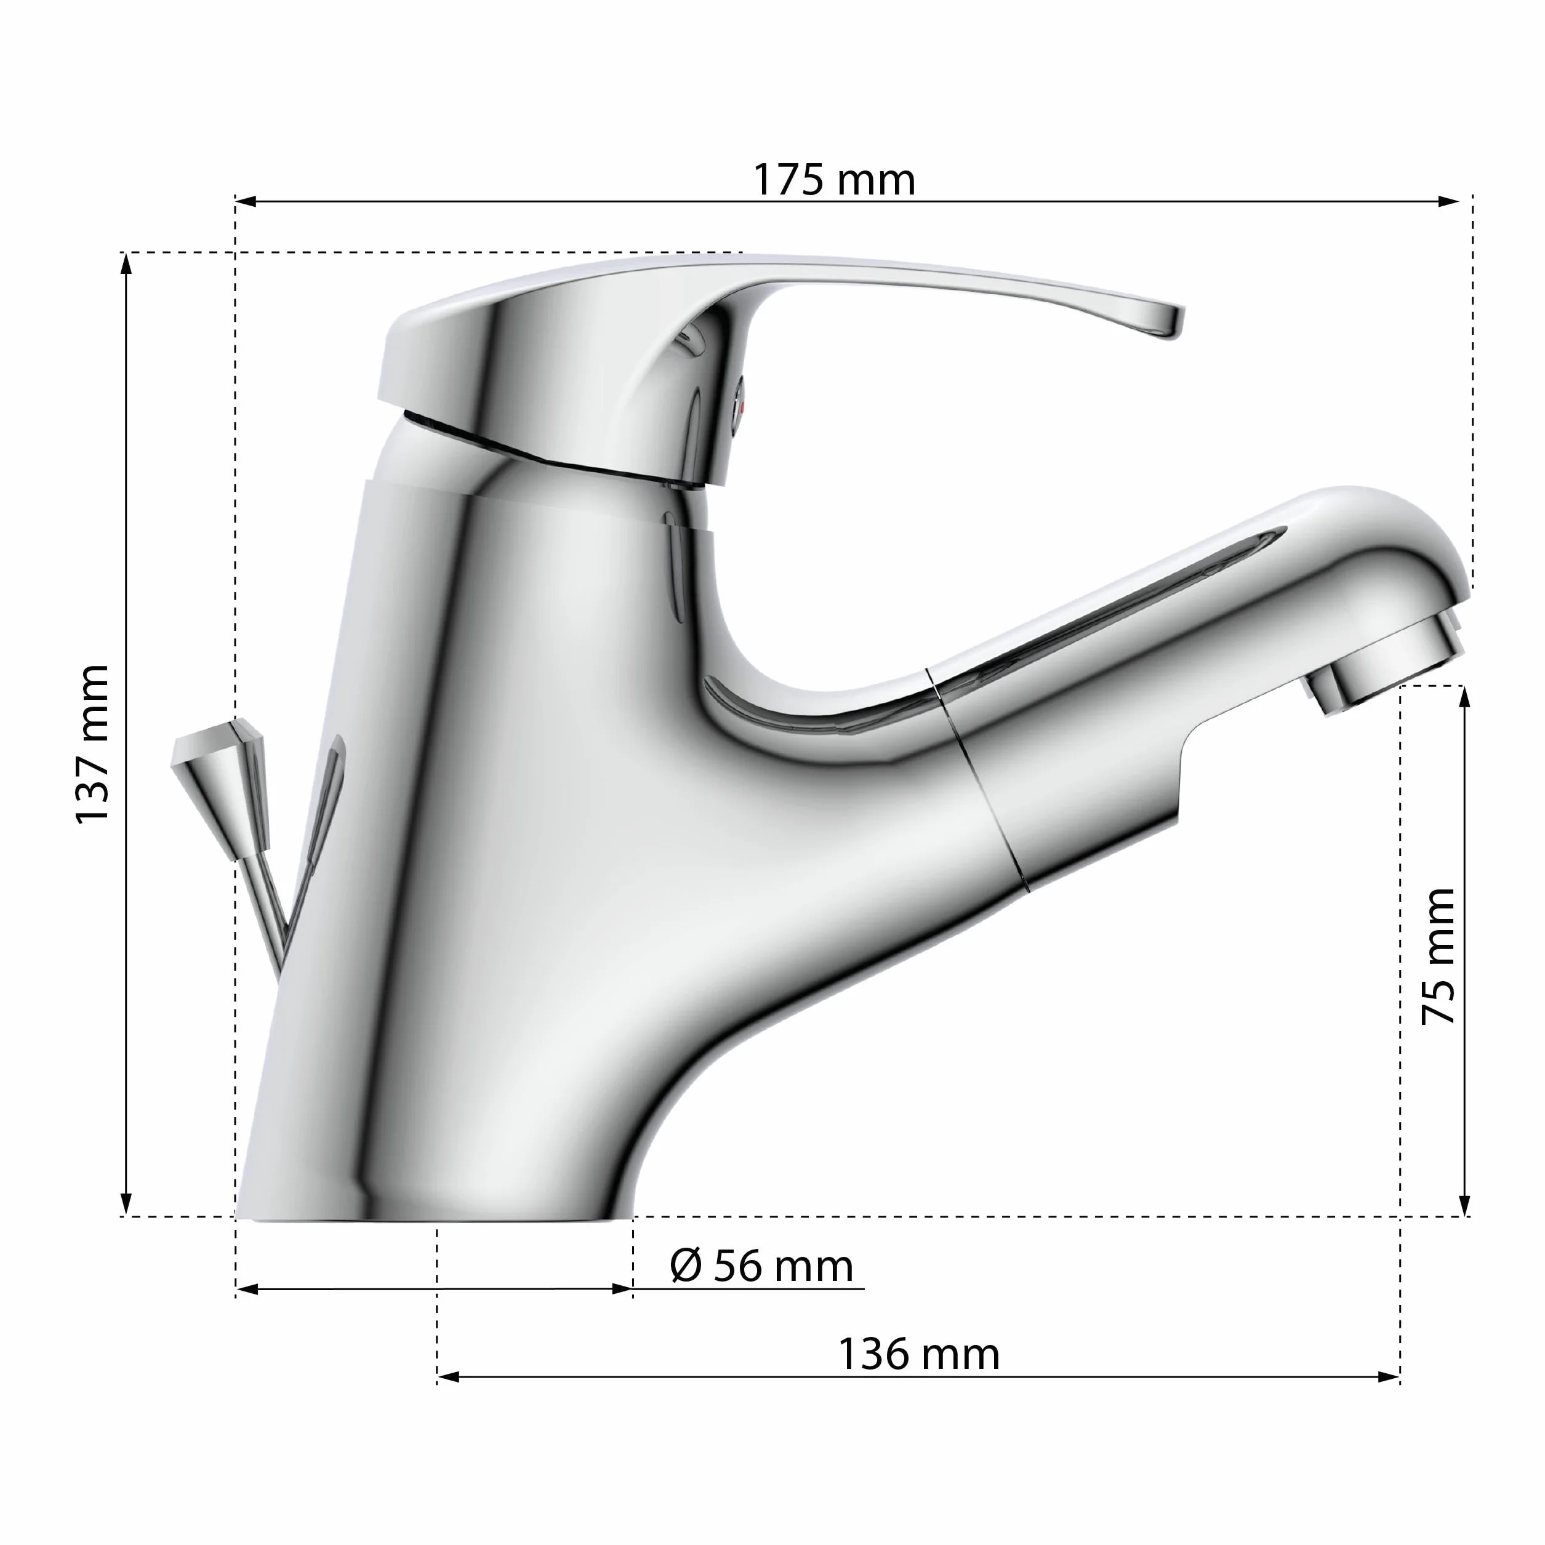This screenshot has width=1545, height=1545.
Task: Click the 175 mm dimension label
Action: point(834,180)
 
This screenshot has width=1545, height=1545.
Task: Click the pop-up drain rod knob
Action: point(220,788)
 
